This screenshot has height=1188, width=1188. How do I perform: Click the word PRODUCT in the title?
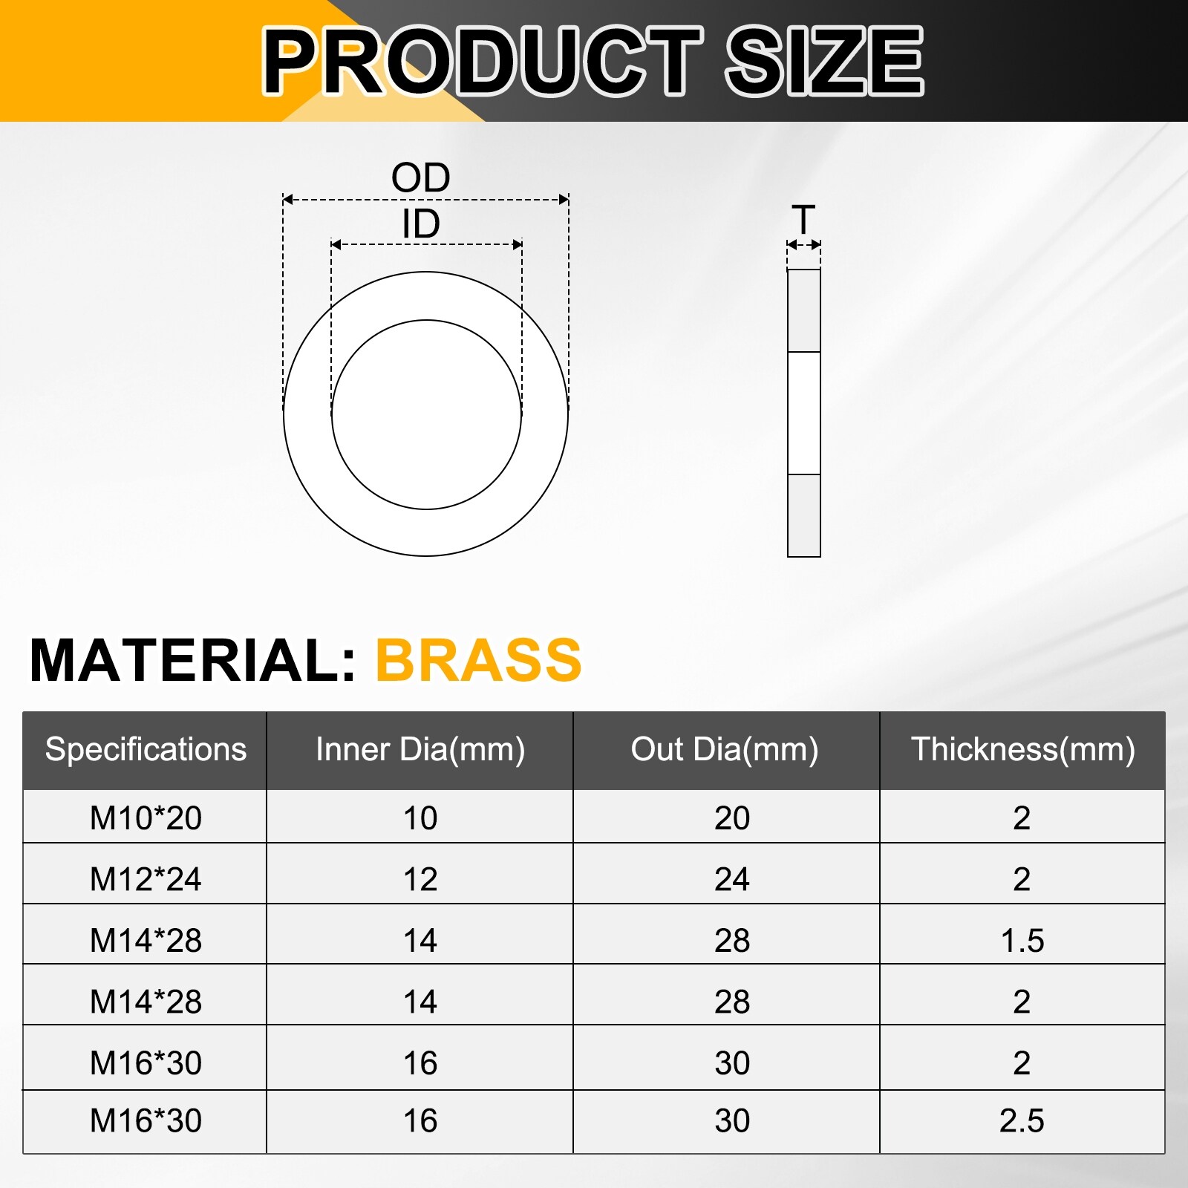point(483,61)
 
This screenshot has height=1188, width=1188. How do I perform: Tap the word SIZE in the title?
point(824,61)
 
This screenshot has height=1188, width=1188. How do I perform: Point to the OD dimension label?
point(421,178)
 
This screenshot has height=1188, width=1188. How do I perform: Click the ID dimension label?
point(421,224)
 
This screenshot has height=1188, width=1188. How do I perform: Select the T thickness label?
point(803,220)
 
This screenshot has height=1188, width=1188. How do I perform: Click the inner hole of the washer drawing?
point(426,414)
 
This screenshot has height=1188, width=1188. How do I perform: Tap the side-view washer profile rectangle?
point(803,413)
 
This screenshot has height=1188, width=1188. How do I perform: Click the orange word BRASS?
point(479,660)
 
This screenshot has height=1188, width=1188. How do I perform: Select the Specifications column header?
point(146,749)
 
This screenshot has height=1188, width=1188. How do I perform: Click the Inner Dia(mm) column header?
point(420,749)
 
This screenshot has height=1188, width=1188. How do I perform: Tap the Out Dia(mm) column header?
point(725,749)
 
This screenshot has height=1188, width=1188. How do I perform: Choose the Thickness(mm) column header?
point(1023,749)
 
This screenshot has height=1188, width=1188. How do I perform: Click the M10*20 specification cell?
point(146,818)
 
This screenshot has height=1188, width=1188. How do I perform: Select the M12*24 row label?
point(146,879)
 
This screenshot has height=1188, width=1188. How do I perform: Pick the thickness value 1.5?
point(1022,941)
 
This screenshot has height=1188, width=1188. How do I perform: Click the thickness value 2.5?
point(1022,1121)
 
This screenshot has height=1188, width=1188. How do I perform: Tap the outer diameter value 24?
point(732,879)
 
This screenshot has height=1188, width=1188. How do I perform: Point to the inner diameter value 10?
point(420,818)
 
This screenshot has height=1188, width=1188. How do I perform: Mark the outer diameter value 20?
point(732,818)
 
